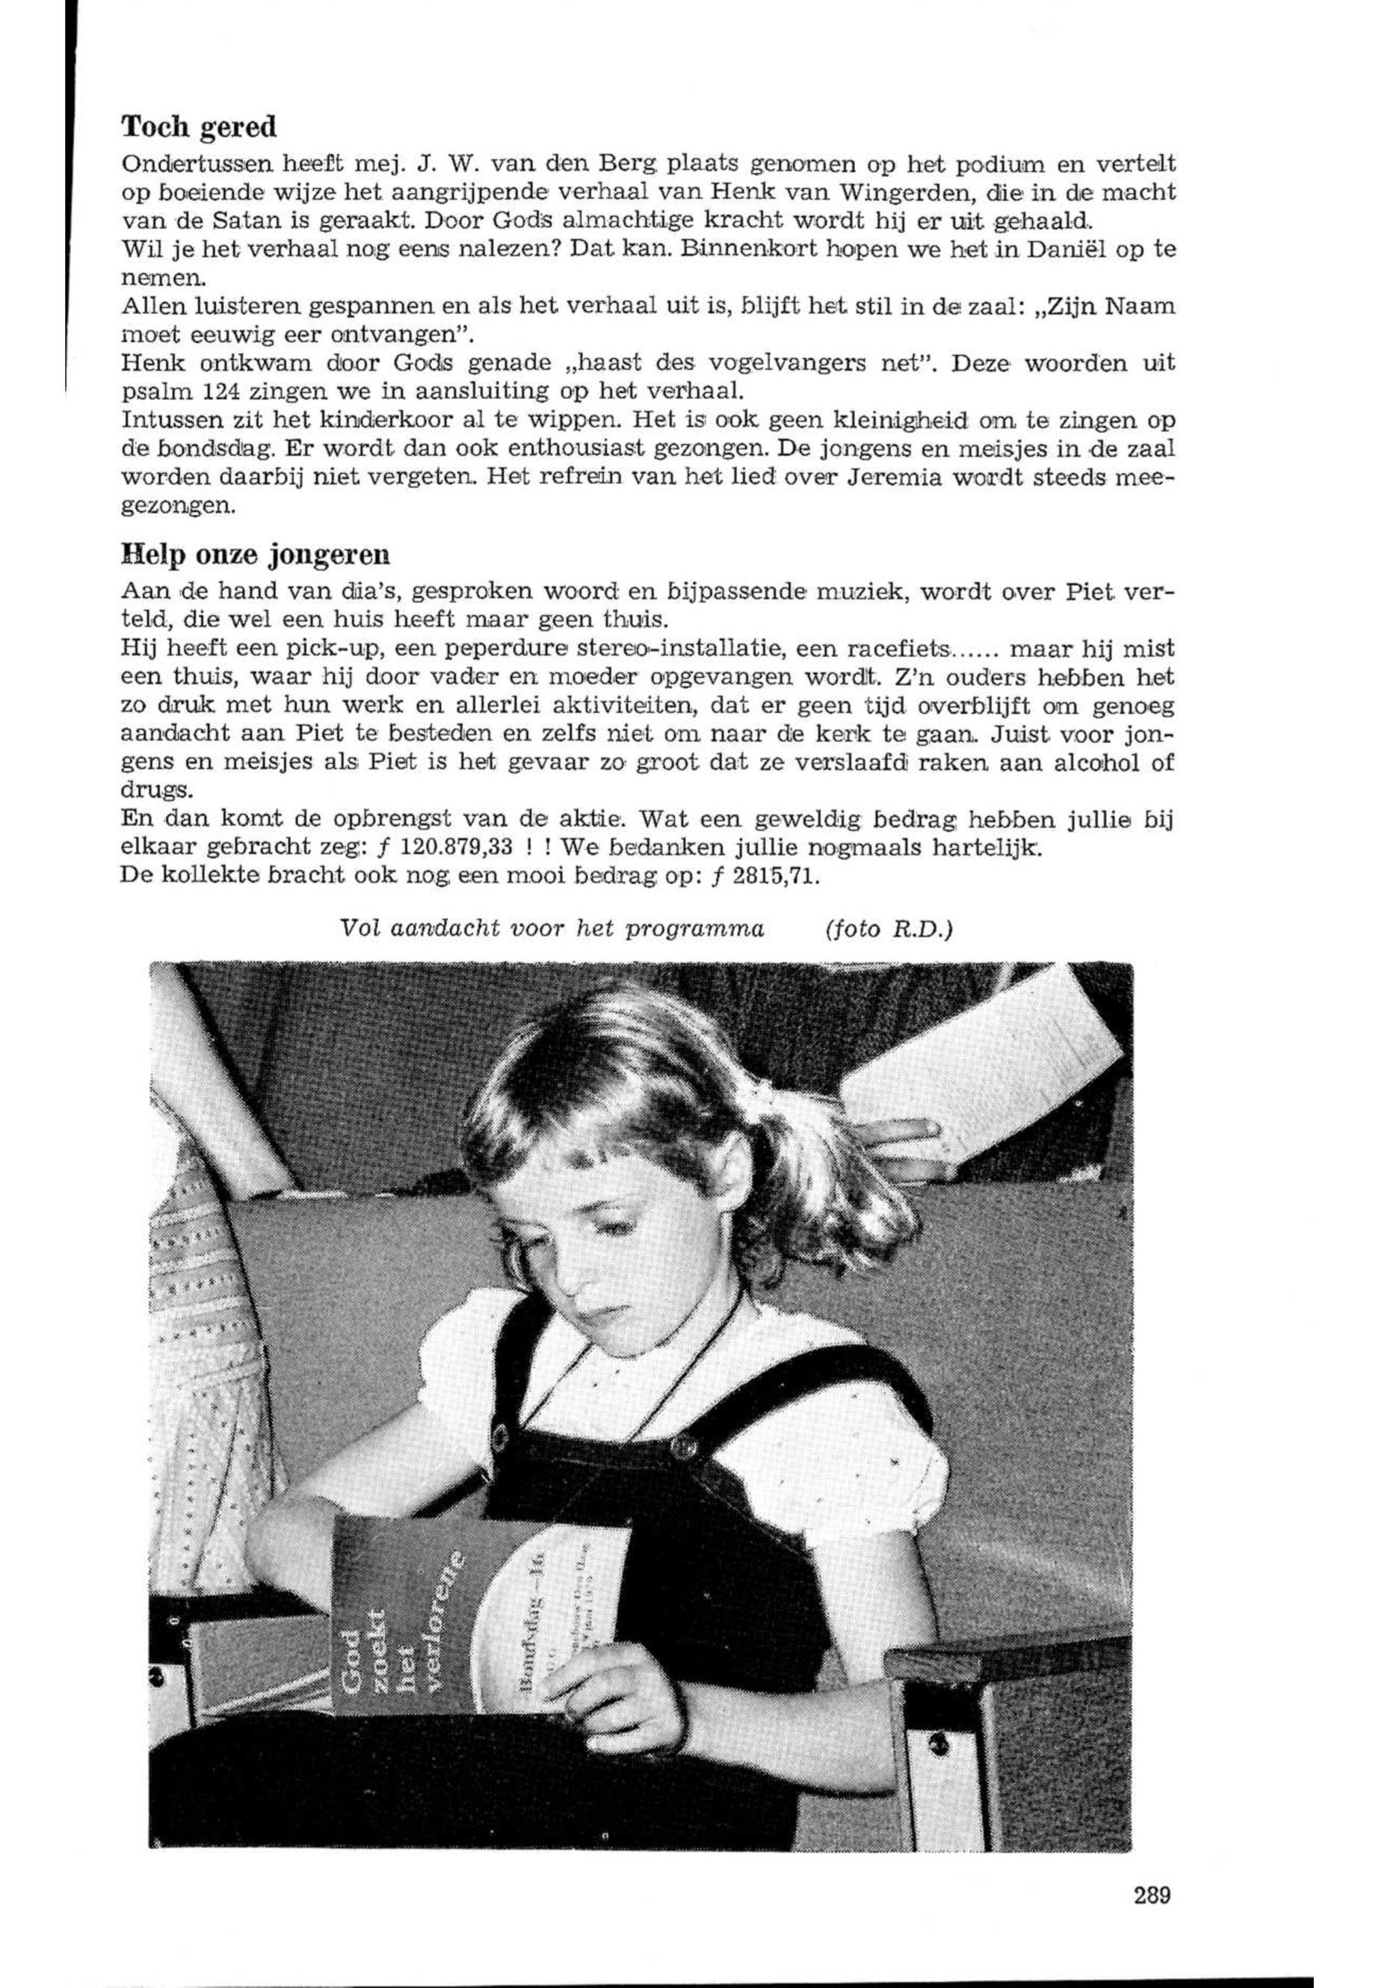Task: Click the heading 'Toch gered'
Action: pyautogui.click(x=199, y=128)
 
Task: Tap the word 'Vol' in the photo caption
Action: pyautogui.click(x=357, y=929)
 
